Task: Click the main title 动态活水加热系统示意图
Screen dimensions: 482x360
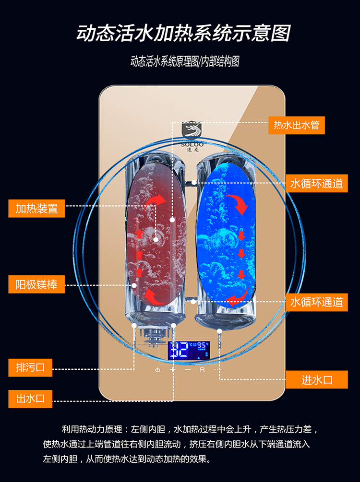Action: (x=184, y=34)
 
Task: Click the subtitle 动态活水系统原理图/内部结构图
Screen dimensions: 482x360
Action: (x=185, y=62)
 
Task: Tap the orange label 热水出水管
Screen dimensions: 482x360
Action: (x=296, y=126)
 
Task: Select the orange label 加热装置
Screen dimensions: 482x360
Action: (x=36, y=209)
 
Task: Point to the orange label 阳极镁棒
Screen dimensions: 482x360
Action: (x=36, y=285)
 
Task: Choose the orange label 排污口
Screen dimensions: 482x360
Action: (x=30, y=368)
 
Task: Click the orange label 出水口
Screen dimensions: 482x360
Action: (x=30, y=399)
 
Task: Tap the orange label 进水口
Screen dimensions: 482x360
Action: (x=317, y=380)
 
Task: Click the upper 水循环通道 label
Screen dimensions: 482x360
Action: (x=317, y=183)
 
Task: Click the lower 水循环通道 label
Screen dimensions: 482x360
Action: (x=317, y=302)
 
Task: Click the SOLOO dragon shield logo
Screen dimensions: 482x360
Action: (x=192, y=132)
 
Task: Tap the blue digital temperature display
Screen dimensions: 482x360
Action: (x=189, y=351)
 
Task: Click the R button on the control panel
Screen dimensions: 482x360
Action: (x=203, y=370)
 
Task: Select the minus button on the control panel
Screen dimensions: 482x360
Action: (x=188, y=370)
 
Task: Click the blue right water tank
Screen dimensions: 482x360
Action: (x=227, y=230)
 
